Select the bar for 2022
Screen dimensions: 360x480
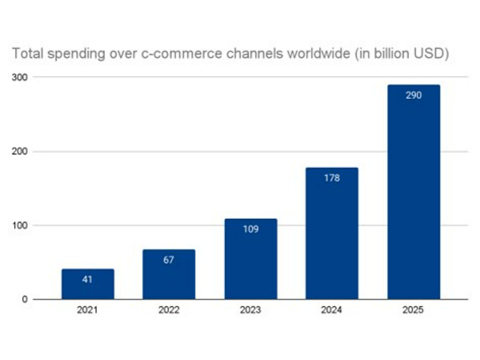[x=169, y=280]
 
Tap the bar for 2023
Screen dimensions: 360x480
[x=250, y=264]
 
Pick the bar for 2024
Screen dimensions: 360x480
[x=332, y=240]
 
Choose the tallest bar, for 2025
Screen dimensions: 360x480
[x=413, y=200]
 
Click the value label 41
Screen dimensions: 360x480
[x=87, y=279]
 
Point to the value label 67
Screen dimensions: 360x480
[x=169, y=260]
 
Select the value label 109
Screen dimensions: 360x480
[x=250, y=230]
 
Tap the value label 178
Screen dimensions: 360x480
[x=332, y=178]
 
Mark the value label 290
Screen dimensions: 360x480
[x=413, y=96]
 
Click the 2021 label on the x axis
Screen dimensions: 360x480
[x=88, y=310]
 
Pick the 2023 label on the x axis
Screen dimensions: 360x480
[x=250, y=310]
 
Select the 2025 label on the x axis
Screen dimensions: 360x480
[x=413, y=310]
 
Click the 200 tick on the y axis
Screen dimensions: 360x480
[x=20, y=152]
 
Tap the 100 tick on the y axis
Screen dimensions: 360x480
[x=20, y=226]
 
